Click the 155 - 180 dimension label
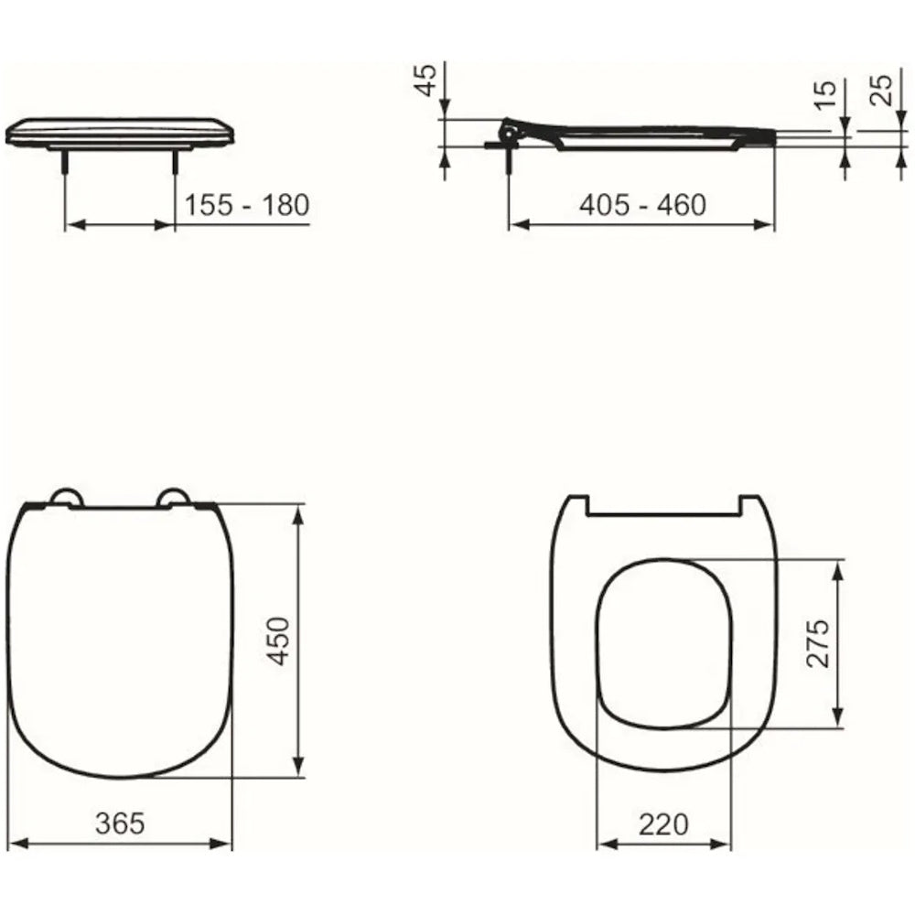tap(247, 205)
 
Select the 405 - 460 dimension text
tap(642, 205)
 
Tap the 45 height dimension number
tap(426, 80)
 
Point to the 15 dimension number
tap(825, 94)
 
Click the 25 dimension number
tap(881, 90)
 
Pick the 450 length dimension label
tap(278, 640)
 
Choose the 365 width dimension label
tap(120, 823)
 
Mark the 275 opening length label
tap(817, 643)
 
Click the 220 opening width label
tap(663, 824)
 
